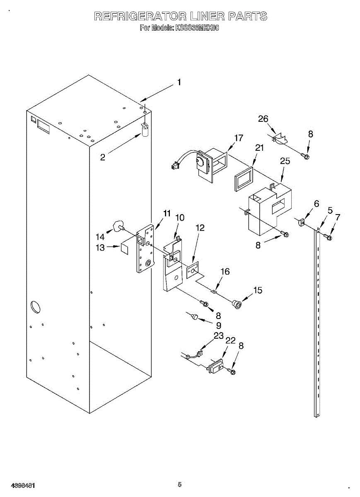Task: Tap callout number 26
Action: pyautogui.click(x=263, y=119)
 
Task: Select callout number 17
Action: pyautogui.click(x=239, y=138)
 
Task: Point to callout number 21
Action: pyautogui.click(x=259, y=148)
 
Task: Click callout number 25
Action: pyautogui.click(x=285, y=161)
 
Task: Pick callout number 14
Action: pyautogui.click(x=100, y=237)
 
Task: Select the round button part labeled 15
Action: pyautogui.click(x=238, y=304)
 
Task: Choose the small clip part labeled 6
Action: pyautogui.click(x=301, y=223)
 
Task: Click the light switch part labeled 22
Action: pyautogui.click(x=215, y=367)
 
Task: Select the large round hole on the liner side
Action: pyautogui.click(x=35, y=307)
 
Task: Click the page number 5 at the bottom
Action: pyautogui.click(x=179, y=484)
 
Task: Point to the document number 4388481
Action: pyautogui.click(x=23, y=485)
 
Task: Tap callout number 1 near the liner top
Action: pyautogui.click(x=179, y=82)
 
